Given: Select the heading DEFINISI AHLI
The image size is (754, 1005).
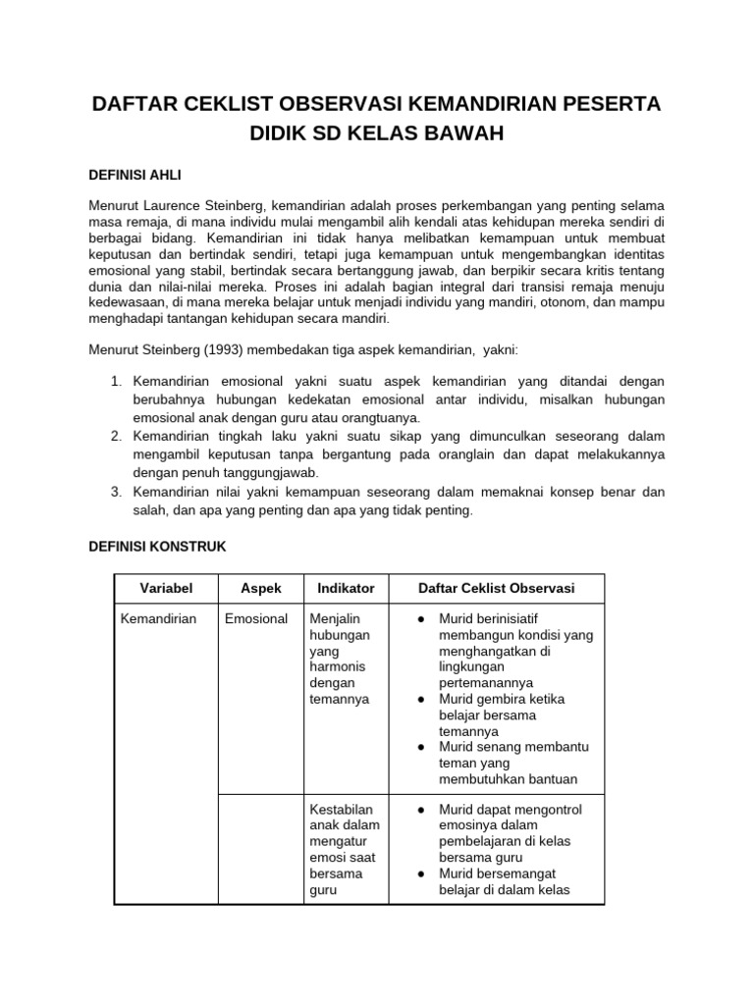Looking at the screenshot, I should coord(135,174).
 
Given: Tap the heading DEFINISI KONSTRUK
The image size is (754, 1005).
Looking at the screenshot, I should coord(157,546).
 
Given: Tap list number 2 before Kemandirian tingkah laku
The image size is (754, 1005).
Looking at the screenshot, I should coord(114,435).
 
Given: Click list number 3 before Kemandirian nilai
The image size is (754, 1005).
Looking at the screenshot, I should coord(114,492).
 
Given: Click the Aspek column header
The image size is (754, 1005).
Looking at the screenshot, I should coord(261,588).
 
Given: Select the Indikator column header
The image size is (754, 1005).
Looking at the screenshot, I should coord(346,588).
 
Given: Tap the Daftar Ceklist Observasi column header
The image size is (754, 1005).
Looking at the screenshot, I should coord(497,588).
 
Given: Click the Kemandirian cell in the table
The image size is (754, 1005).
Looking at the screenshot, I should coord(158,618).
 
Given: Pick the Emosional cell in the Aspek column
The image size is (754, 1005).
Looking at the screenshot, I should coord(255,618).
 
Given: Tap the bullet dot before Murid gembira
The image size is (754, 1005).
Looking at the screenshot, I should coord(420,699).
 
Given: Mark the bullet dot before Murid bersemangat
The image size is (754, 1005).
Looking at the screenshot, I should coord(420,874).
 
